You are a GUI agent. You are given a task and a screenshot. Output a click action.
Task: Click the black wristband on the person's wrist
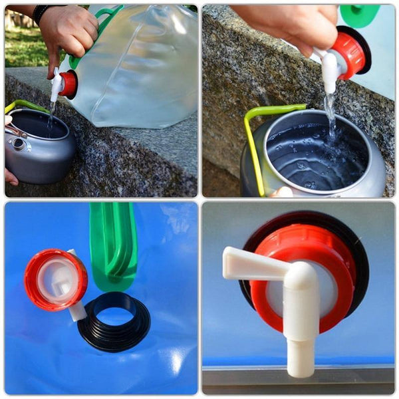coord(41,13)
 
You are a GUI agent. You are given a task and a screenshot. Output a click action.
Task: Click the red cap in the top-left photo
coord(68,84)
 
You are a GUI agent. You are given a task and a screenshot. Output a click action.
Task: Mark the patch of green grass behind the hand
coord(23,50)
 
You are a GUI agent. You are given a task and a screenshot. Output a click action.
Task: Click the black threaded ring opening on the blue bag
coord(114,323)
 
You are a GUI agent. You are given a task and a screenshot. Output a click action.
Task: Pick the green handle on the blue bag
coord(113,246)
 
